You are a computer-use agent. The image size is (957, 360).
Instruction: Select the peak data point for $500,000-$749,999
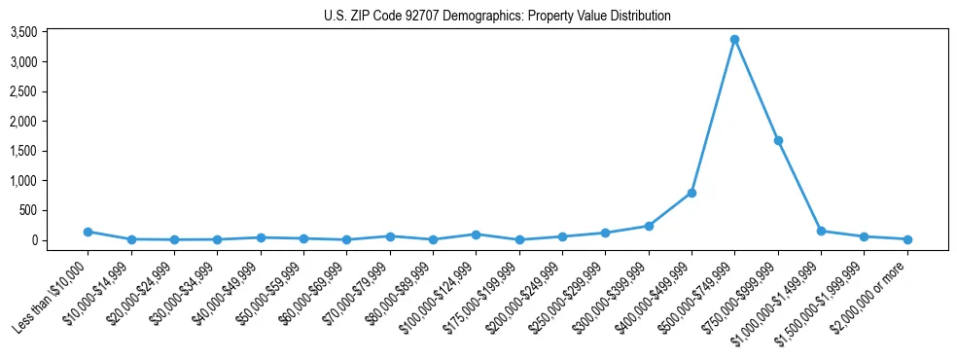pyautogui.click(x=735, y=40)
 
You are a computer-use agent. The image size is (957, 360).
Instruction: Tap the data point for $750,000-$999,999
pyautogui.click(x=778, y=140)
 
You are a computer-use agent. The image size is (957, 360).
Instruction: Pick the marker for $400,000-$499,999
pyautogui.click(x=691, y=193)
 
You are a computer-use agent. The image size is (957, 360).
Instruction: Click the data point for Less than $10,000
pyautogui.click(x=88, y=232)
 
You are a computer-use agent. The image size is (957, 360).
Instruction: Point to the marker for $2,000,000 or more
pyautogui.click(x=907, y=239)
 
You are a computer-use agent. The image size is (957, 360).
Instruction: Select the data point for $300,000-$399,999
pyautogui.click(x=649, y=226)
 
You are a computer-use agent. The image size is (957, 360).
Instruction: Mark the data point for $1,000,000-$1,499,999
pyautogui.click(x=821, y=231)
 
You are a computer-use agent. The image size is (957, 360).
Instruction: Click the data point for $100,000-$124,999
pyautogui.click(x=476, y=234)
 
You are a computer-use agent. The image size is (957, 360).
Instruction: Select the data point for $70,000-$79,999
pyautogui.click(x=390, y=236)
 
